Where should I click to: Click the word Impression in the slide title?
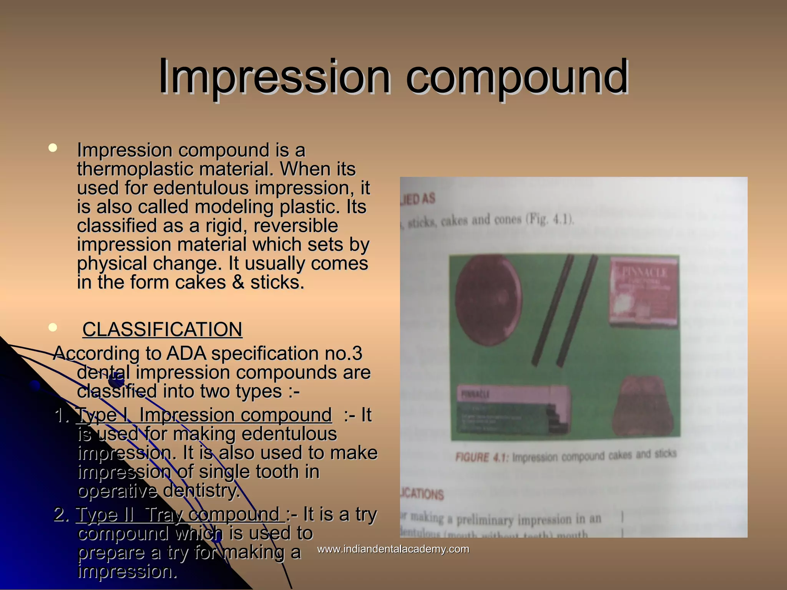coord(274,77)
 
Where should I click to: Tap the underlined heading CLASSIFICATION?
coord(162,330)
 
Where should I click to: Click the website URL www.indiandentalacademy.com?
coord(393,549)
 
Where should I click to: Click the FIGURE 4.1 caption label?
coord(482,457)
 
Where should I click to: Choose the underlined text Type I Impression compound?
coord(204,415)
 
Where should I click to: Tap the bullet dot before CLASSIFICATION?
coord(53,328)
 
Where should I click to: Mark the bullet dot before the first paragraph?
coord(53,148)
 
